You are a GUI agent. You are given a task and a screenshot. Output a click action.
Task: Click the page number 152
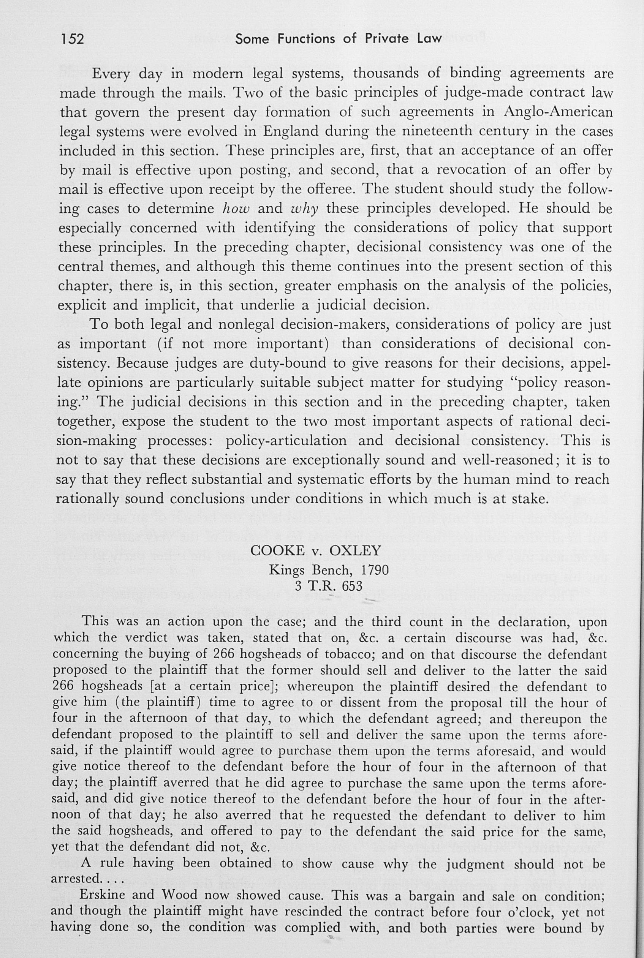click(73, 39)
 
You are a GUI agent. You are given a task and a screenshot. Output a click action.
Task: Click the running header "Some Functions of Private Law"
click(339, 39)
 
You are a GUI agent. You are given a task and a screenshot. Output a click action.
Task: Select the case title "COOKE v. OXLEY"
click(315, 551)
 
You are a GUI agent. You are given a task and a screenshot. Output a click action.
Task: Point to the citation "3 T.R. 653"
click(329, 586)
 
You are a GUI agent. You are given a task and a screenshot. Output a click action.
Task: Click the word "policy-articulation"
click(286, 441)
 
